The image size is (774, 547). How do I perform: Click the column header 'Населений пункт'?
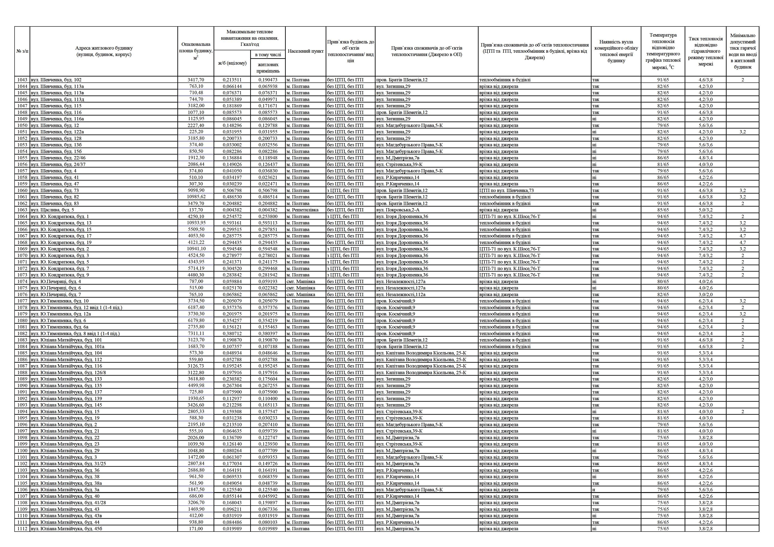[x=305, y=51]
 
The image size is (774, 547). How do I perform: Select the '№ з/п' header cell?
[x=22, y=51]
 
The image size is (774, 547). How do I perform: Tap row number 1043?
[x=22, y=80]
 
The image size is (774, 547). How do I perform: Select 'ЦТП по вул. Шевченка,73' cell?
[x=506, y=190]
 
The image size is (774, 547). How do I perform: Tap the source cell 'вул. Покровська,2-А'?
[x=398, y=210]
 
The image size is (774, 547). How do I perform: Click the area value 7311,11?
[x=196, y=333]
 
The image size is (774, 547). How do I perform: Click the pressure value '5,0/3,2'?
[x=705, y=210]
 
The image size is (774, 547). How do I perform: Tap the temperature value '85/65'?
[x=663, y=210]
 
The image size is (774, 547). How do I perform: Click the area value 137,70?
[x=196, y=210]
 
